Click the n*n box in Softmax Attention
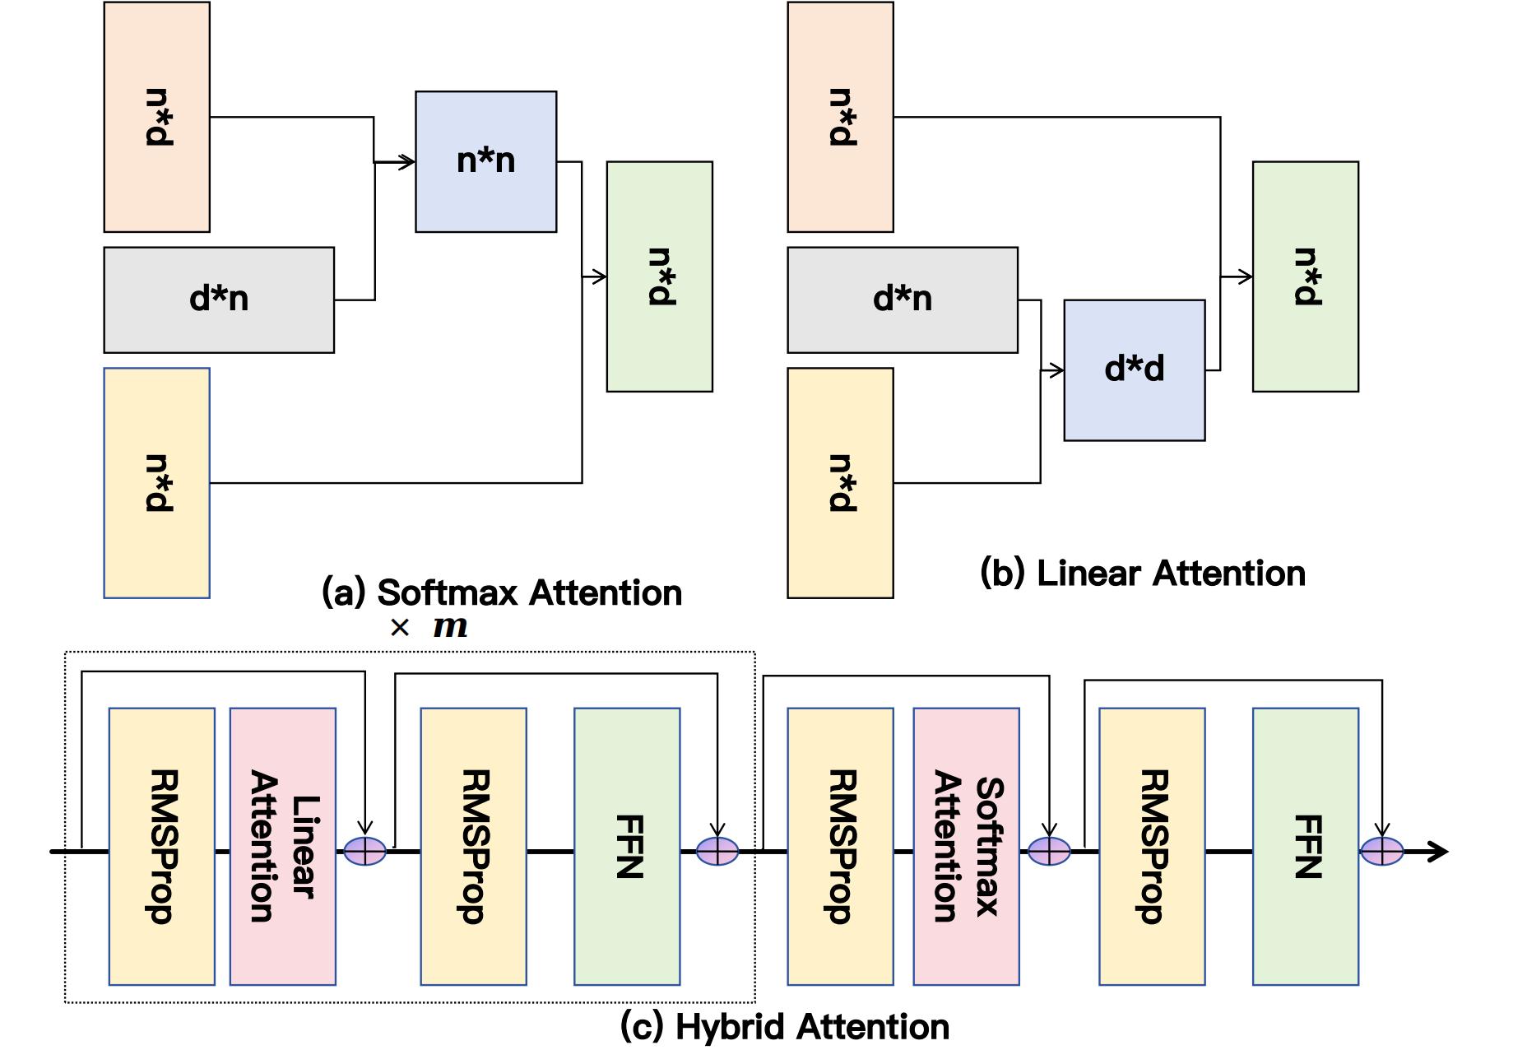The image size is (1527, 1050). [485, 161]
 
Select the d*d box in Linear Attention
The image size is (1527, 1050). [1134, 369]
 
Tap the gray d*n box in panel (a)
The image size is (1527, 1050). [219, 300]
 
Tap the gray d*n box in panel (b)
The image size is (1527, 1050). [902, 300]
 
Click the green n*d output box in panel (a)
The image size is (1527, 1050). [659, 276]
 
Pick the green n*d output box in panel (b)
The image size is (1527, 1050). [1305, 276]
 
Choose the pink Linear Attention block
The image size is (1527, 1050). [282, 846]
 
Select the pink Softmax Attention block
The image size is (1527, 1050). [966, 846]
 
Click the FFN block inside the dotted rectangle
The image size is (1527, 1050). [627, 846]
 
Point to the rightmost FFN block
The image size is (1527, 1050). [1305, 846]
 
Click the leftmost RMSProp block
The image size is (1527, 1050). [161, 846]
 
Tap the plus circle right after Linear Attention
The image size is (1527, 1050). [364, 851]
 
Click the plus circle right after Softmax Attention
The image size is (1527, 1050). [1049, 851]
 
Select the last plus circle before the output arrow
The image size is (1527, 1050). [1381, 851]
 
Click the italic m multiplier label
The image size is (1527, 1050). [450, 627]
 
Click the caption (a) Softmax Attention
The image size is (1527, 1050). [502, 592]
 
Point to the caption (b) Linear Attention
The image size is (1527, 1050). [1142, 573]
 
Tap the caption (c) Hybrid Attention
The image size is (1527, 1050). [784, 1027]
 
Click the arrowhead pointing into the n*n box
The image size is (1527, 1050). [407, 161]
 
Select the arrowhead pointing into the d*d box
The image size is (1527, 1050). [1056, 370]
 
